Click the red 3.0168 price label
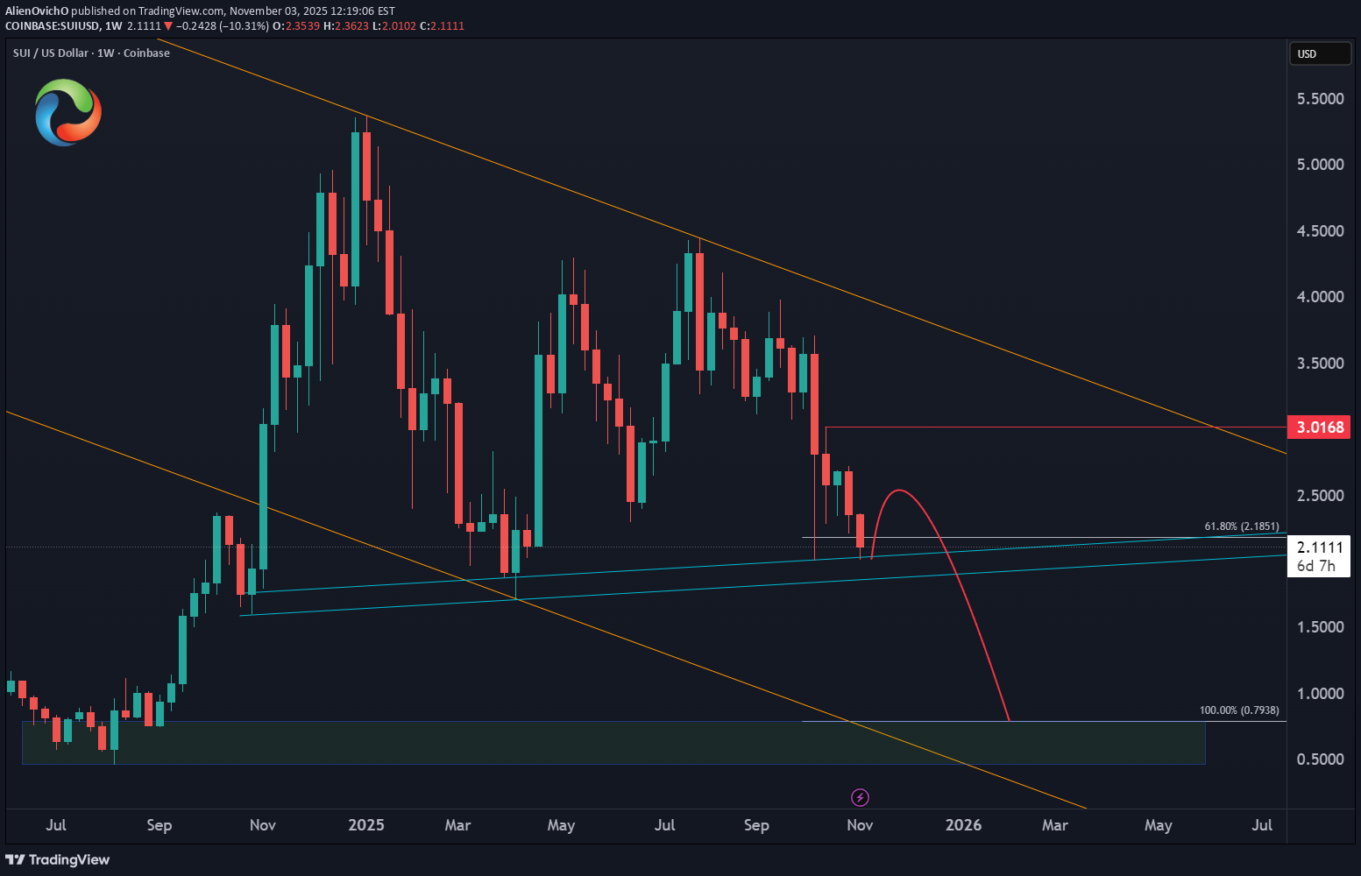pyautogui.click(x=1320, y=427)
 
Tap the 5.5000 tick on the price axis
pyautogui.click(x=1320, y=99)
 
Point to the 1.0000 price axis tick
pyautogui.click(x=1320, y=694)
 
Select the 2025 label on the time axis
pyautogui.click(x=366, y=825)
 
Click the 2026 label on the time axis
pyautogui.click(x=963, y=825)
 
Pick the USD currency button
pyautogui.click(x=1319, y=54)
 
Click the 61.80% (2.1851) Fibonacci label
pyautogui.click(x=1241, y=526)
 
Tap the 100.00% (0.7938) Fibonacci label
pyautogui.click(x=1238, y=710)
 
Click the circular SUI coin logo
pyautogui.click(x=68, y=112)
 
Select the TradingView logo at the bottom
pyautogui.click(x=58, y=859)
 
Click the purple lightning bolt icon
pyautogui.click(x=860, y=797)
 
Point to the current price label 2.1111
pyautogui.click(x=1320, y=547)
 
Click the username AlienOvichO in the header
pyautogui.click(x=37, y=11)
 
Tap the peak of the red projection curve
pyautogui.click(x=899, y=491)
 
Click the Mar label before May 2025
pyautogui.click(x=457, y=825)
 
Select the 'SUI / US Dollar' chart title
pyautogui.click(x=51, y=53)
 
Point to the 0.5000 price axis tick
pyautogui.click(x=1320, y=759)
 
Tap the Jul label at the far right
pyautogui.click(x=1261, y=825)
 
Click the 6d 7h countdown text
pyautogui.click(x=1316, y=567)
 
